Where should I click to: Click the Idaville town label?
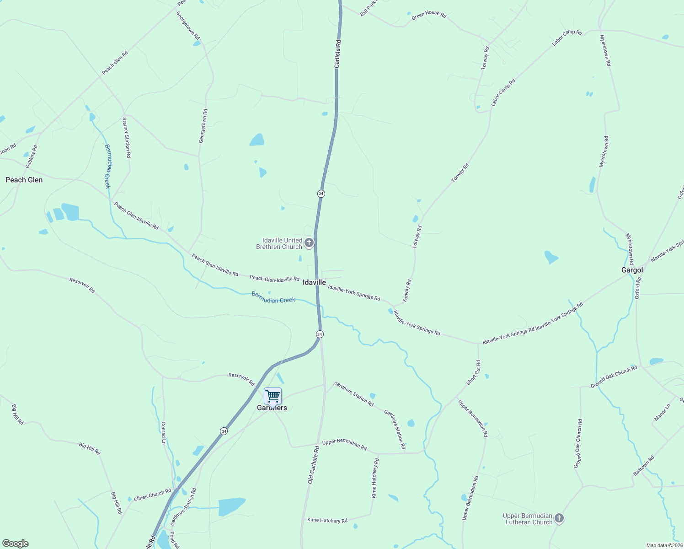[x=314, y=282]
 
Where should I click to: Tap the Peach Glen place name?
[x=24, y=180]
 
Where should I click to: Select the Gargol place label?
[x=632, y=270]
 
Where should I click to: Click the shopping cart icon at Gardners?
[x=273, y=396]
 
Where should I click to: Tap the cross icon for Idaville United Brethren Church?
[x=309, y=243]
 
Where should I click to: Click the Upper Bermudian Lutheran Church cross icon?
[x=559, y=518]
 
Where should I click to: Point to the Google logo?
[x=15, y=544]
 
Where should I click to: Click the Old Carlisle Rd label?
[x=313, y=465]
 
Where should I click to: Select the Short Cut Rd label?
[x=473, y=372]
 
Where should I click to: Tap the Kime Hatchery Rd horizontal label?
[x=327, y=520]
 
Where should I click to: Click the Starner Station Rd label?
[x=126, y=137]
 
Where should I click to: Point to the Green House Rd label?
[x=428, y=15]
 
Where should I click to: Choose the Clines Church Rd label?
[x=152, y=495]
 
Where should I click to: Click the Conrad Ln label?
[x=163, y=433]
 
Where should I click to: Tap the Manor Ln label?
[x=662, y=412]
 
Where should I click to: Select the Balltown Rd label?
[x=643, y=466]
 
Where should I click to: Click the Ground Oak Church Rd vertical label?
[x=578, y=443]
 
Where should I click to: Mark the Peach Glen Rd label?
[x=115, y=63]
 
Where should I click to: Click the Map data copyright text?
[x=664, y=545]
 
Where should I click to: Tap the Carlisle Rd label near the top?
[x=337, y=54]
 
